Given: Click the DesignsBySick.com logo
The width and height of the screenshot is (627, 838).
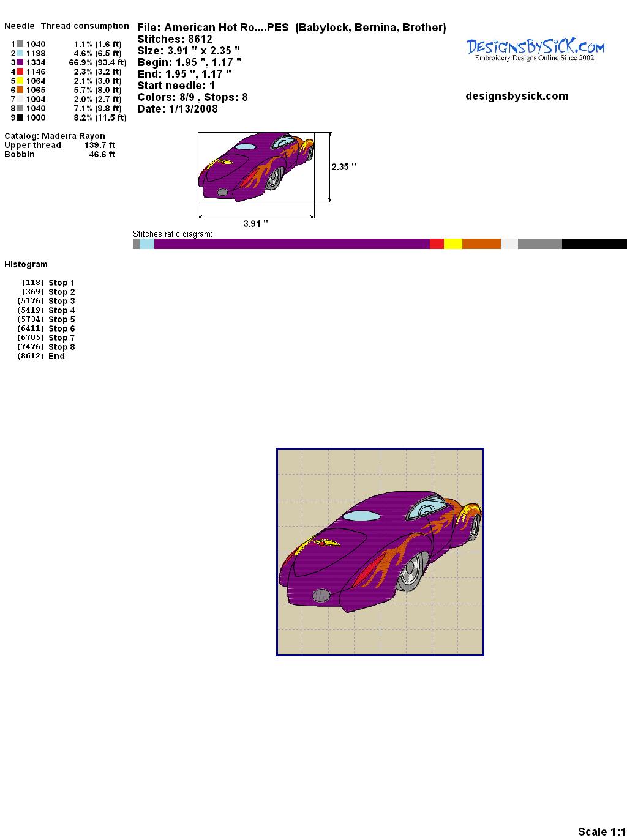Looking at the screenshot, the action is [535, 49].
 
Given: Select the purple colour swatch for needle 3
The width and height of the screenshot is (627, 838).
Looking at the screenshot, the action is [20, 62].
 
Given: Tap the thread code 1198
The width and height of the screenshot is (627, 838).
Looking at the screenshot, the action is [36, 53].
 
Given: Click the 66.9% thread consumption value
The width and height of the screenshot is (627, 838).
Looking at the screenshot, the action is [81, 62].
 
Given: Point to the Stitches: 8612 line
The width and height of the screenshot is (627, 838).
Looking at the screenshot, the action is [175, 39].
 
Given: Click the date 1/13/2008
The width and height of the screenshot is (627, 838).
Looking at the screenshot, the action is [193, 109].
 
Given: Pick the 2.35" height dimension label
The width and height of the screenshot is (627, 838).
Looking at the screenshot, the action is [344, 167].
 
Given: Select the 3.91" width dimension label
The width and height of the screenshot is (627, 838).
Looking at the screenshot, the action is [255, 223].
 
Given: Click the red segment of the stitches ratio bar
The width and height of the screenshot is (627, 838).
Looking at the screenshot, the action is [437, 243].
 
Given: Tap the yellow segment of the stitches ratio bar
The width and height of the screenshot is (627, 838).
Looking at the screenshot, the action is [453, 243].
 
